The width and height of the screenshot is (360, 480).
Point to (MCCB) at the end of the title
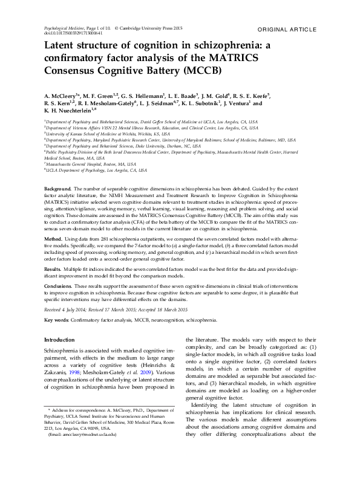[200, 70]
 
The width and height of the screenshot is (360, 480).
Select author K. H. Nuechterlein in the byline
[68, 111]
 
